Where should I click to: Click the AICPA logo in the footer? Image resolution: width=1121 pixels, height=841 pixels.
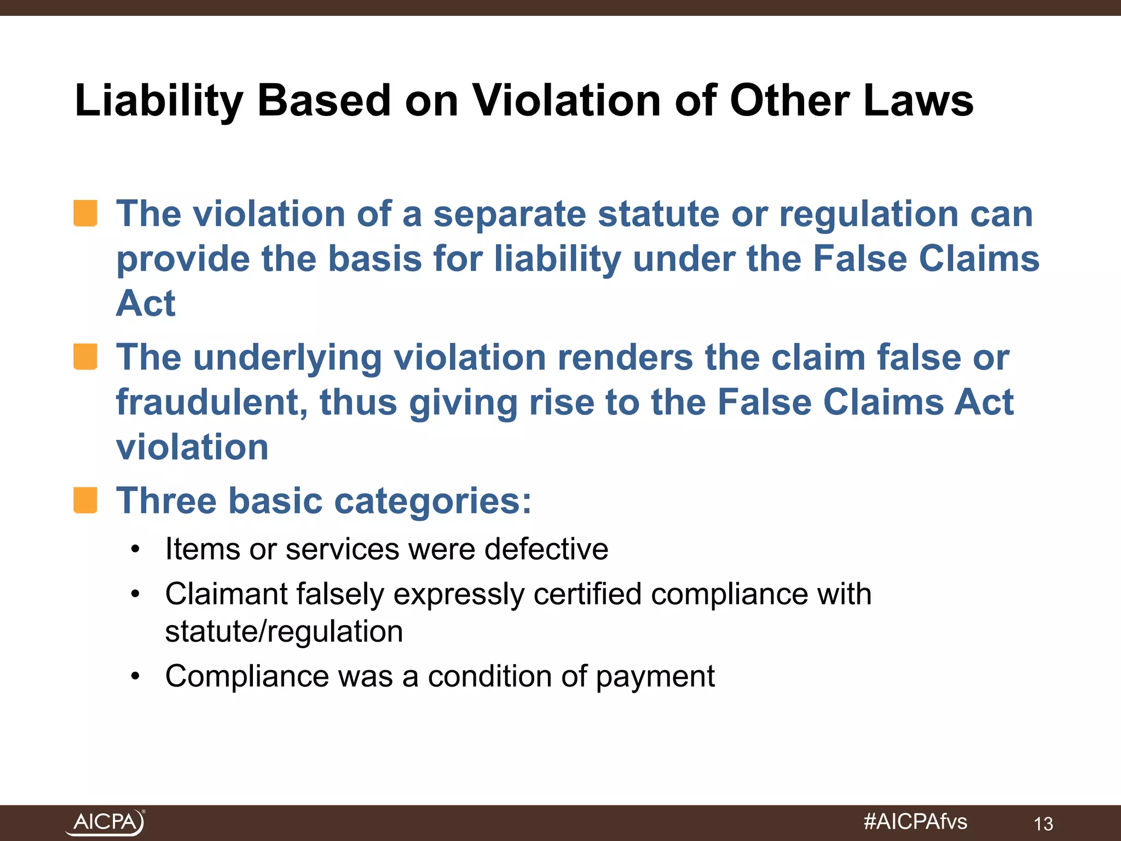click(105, 822)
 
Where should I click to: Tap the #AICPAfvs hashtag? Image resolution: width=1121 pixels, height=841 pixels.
click(915, 821)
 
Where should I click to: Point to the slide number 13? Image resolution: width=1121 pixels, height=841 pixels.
click(1043, 823)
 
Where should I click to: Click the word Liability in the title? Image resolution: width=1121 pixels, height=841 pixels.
click(159, 102)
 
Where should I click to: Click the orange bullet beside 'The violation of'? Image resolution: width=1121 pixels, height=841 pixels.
click(85, 213)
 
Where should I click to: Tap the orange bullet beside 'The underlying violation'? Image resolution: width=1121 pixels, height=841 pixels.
click(85, 356)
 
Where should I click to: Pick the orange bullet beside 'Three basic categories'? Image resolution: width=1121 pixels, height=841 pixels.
click(85, 500)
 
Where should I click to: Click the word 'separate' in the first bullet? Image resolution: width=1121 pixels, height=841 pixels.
click(509, 214)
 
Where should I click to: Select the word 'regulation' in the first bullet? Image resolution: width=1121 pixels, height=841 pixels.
click(868, 215)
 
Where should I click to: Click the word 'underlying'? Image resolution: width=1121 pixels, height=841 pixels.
click(287, 359)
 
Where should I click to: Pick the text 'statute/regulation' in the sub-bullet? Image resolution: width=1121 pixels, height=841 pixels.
click(284, 631)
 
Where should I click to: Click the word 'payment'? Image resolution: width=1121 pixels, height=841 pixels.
click(655, 677)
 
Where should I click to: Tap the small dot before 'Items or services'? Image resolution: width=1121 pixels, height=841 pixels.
click(136, 549)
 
